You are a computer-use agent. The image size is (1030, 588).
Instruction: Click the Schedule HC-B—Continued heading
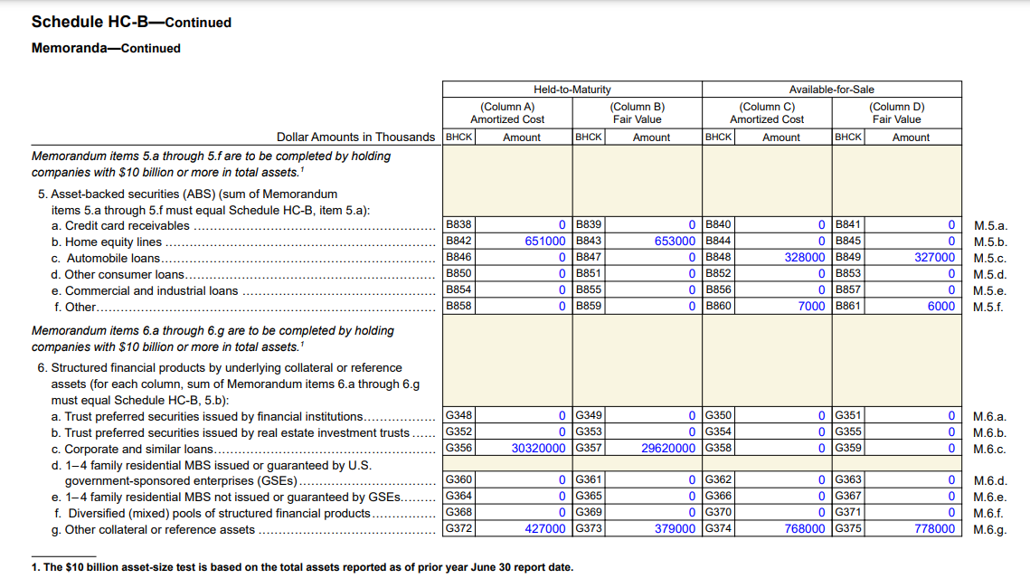point(131,22)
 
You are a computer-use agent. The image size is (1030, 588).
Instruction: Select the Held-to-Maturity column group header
point(572,90)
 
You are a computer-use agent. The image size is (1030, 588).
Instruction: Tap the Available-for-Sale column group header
point(831,90)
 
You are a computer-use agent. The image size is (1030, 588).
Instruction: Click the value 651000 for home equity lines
point(545,242)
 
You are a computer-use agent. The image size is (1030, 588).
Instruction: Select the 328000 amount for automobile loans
point(805,258)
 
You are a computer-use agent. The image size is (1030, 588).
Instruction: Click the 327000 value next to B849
point(934,258)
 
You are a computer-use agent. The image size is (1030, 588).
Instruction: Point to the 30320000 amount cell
point(539,449)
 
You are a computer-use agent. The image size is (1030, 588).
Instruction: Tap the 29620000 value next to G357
point(668,449)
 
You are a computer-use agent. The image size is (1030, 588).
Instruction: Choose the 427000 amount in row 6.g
point(545,529)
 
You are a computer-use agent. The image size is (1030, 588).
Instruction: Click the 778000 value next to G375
point(934,529)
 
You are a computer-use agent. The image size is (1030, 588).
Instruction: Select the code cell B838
point(458,225)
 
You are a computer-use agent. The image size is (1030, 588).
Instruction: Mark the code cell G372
point(458,529)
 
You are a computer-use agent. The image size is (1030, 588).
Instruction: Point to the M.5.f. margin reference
point(988,307)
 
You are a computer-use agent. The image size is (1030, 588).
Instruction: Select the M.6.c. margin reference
point(989,450)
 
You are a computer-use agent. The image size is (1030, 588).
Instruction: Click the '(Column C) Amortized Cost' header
point(767,113)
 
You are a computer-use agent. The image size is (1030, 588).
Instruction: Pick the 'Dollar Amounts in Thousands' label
point(355,138)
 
